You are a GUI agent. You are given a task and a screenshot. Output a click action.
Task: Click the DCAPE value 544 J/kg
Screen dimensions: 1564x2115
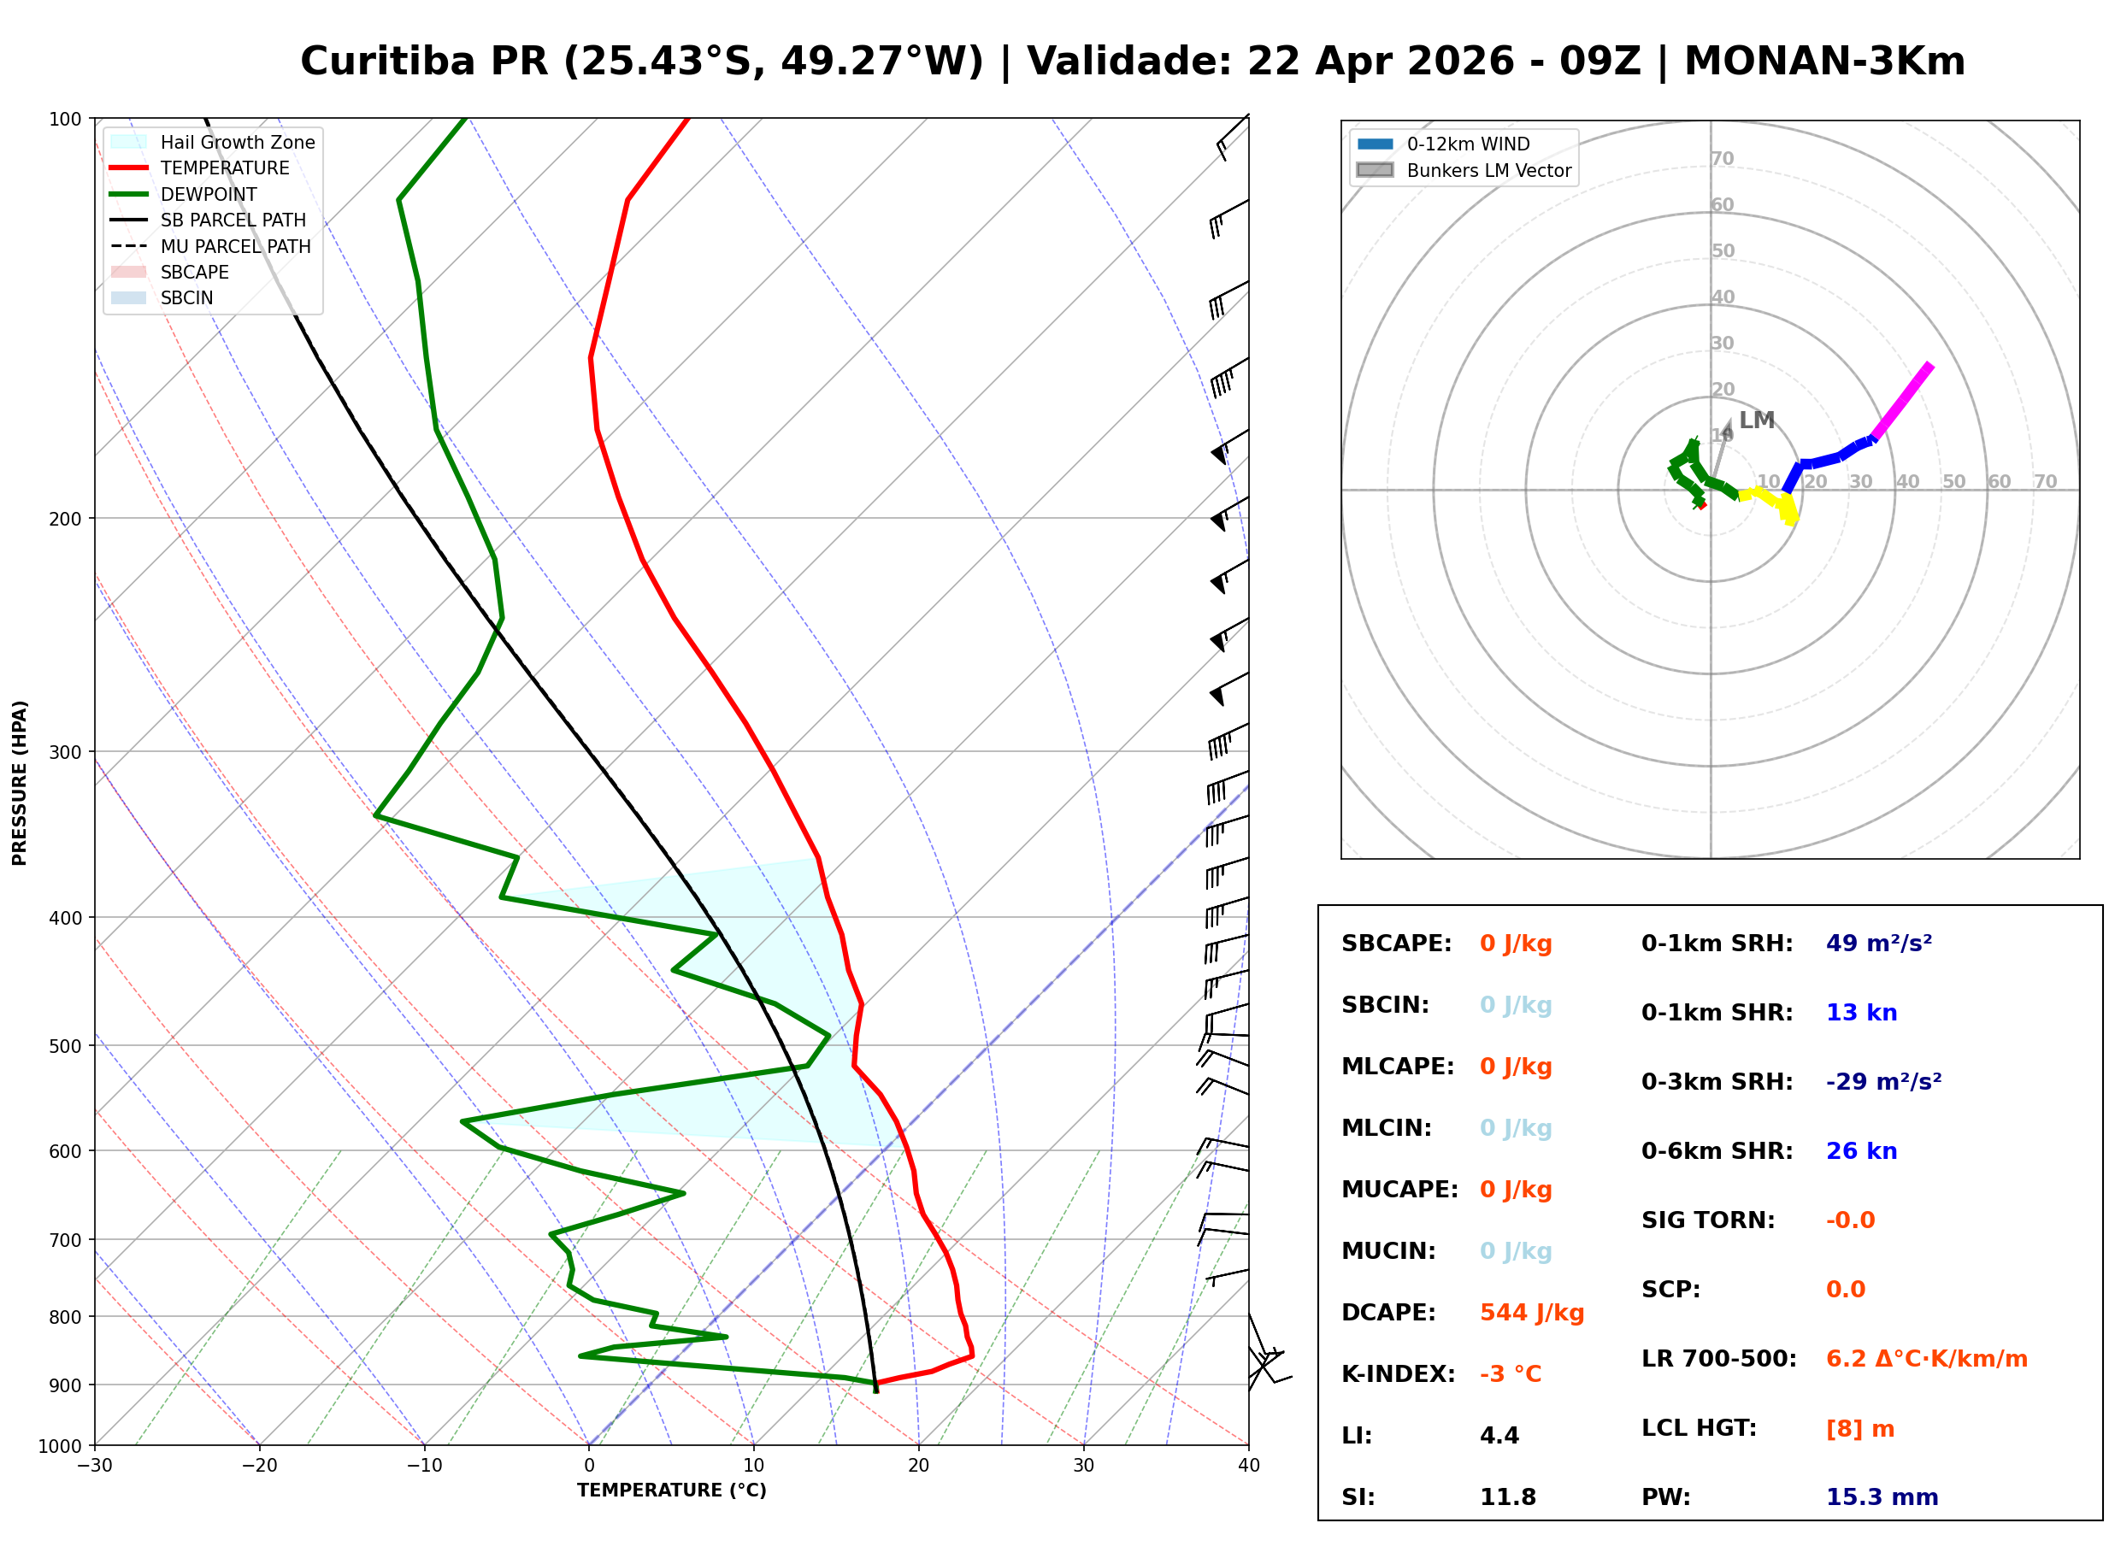1531,1312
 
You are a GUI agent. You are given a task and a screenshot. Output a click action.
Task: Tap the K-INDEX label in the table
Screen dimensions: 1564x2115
1398,1373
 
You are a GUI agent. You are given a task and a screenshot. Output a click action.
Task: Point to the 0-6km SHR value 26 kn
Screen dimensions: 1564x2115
1860,1150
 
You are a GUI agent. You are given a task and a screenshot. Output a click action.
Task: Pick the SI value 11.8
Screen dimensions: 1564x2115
1507,1496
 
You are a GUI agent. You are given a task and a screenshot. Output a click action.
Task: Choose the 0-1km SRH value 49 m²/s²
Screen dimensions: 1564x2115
1878,943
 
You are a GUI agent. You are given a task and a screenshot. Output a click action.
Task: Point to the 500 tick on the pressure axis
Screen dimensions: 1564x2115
64,1046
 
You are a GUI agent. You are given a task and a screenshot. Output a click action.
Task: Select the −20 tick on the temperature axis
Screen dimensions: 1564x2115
258,1466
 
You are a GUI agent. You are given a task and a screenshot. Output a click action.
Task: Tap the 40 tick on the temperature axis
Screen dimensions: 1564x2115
1248,1466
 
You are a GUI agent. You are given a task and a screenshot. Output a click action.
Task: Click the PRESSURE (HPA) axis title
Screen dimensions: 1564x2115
19,782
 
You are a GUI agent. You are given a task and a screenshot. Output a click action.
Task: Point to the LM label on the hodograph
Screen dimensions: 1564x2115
1756,420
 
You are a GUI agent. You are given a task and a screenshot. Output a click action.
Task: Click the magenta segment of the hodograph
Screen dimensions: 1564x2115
1903,401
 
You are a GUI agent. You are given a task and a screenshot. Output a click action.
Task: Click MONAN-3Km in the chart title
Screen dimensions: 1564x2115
1823,62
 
